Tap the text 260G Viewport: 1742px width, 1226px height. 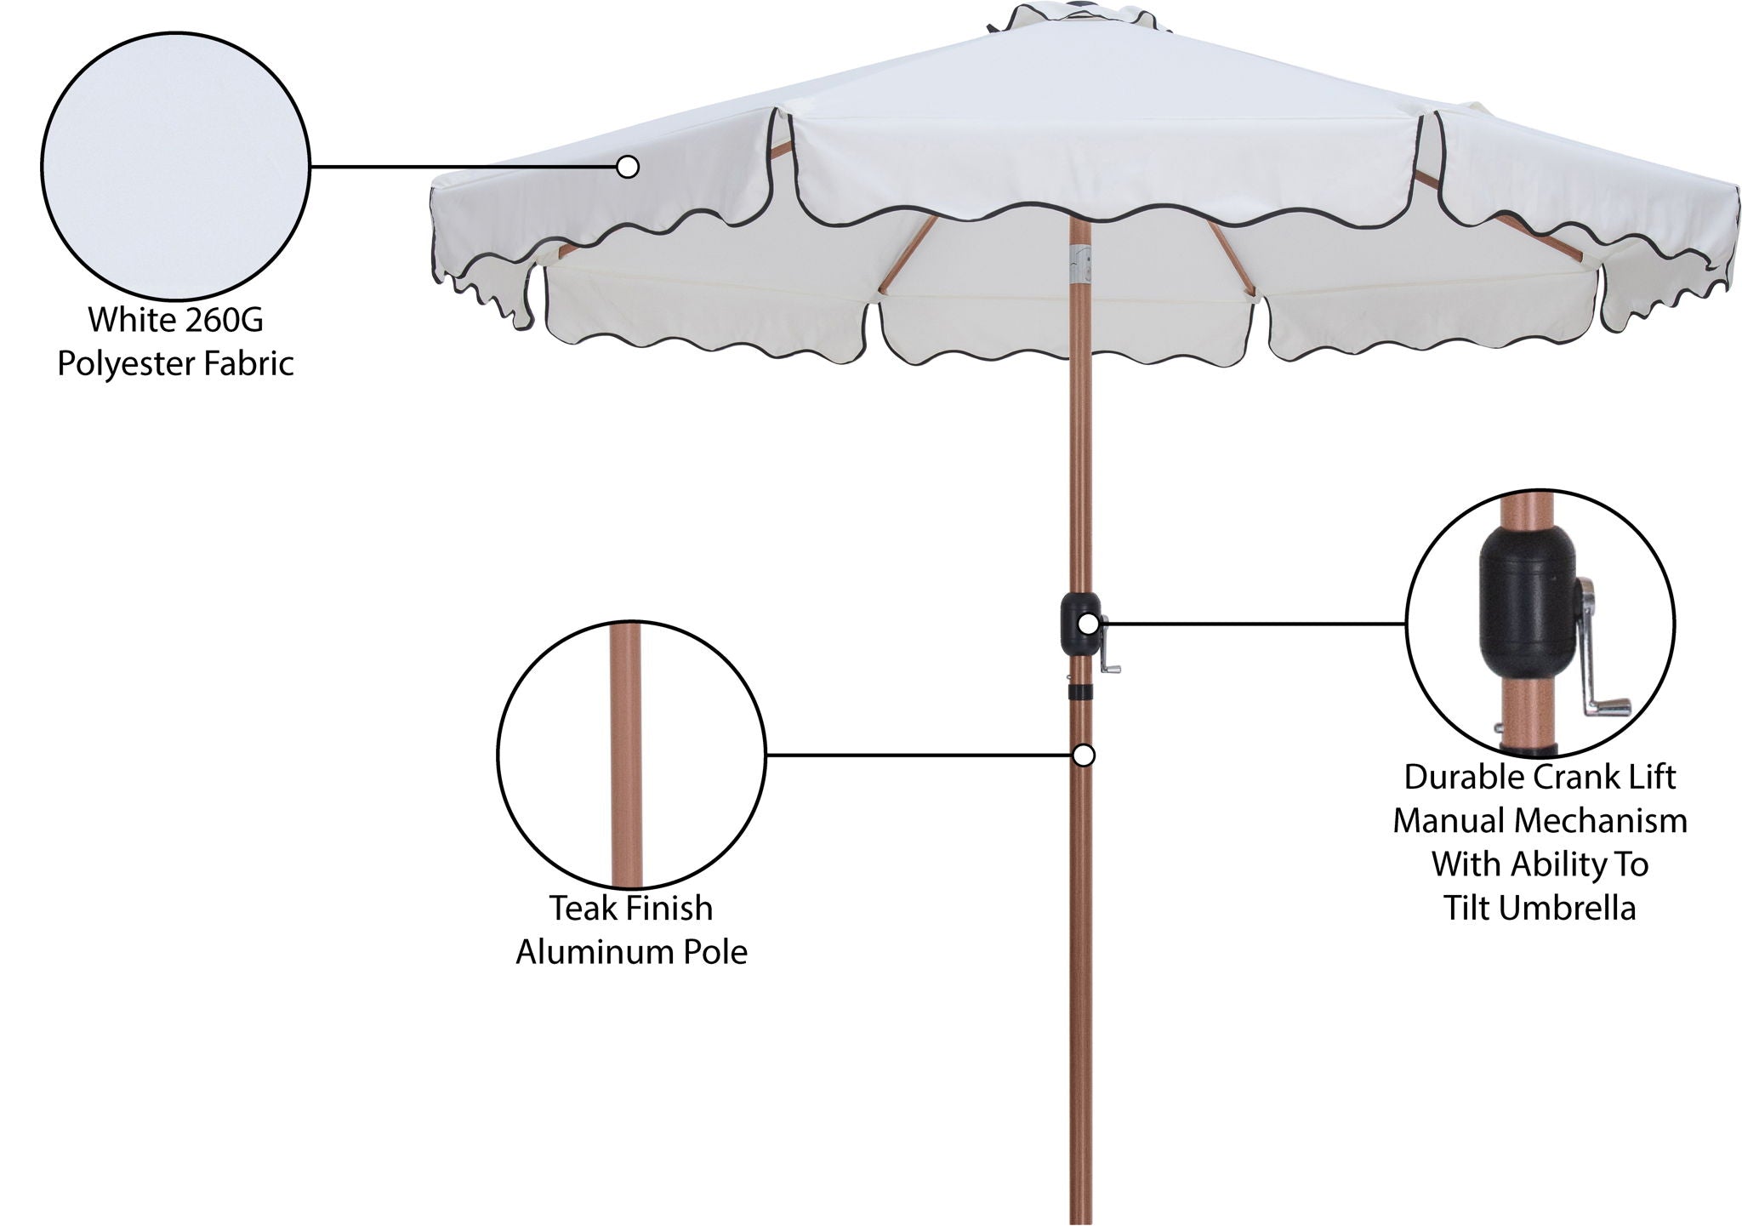click(221, 321)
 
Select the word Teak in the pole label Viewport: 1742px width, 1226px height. click(581, 909)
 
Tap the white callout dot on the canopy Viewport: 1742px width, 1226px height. click(628, 167)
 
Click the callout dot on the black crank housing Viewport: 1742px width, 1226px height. click(1088, 624)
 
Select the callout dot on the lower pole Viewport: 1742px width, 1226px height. click(1084, 756)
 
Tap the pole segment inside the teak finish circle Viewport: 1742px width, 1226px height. click(627, 757)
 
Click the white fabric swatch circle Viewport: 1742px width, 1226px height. click(174, 167)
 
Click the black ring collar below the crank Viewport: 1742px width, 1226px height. click(1081, 690)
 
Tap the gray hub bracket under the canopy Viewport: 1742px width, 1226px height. click(1080, 265)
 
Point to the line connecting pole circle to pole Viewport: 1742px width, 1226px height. click(919, 755)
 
